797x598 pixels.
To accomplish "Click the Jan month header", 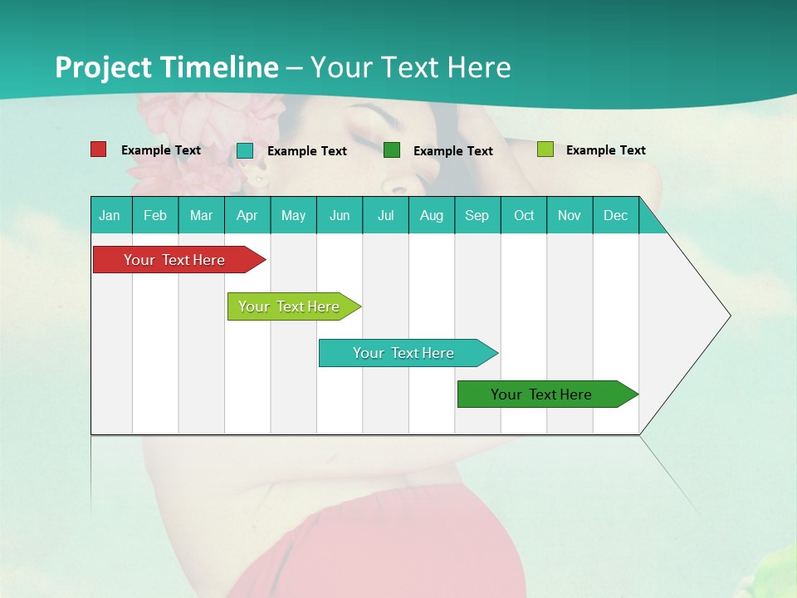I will [110, 215].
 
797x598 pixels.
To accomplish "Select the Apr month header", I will [247, 215].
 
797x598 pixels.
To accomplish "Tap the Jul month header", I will [385, 215].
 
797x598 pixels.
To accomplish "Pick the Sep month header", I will [477, 215].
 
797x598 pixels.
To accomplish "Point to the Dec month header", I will [615, 215].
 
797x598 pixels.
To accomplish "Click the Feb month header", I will [155, 215].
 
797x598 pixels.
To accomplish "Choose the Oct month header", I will [524, 215].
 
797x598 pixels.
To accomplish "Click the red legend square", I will [99, 149].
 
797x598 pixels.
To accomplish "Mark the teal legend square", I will [245, 150].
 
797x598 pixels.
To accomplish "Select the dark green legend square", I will [392, 150].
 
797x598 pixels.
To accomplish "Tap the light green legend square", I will [545, 149].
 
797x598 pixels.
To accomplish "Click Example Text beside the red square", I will [161, 150].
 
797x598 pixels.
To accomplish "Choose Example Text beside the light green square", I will [605, 150].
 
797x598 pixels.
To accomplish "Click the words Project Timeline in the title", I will [166, 67].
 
